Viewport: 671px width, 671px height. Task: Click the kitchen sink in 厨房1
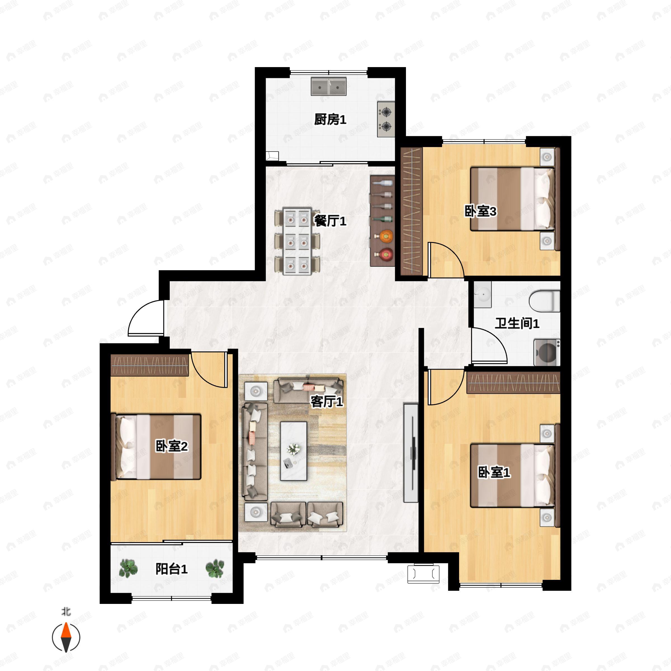pos(328,86)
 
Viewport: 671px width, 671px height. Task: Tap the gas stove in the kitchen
pos(386,119)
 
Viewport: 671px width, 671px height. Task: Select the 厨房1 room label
pos(330,119)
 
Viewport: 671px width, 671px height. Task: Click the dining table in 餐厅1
pos(297,241)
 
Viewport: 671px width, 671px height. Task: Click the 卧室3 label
pos(480,211)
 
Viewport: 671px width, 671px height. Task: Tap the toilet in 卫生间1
pos(544,301)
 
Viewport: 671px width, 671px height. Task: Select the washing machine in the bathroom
pos(546,353)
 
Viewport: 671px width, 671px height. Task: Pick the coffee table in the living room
pos(294,451)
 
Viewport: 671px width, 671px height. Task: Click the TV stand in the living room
pos(410,453)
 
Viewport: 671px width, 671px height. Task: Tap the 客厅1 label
pos(327,401)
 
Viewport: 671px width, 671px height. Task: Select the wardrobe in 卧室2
pos(149,365)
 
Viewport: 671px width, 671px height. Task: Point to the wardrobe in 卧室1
pos(513,383)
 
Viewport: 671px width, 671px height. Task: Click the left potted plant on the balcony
pos(128,569)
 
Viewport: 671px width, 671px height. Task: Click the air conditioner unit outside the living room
pos(423,574)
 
